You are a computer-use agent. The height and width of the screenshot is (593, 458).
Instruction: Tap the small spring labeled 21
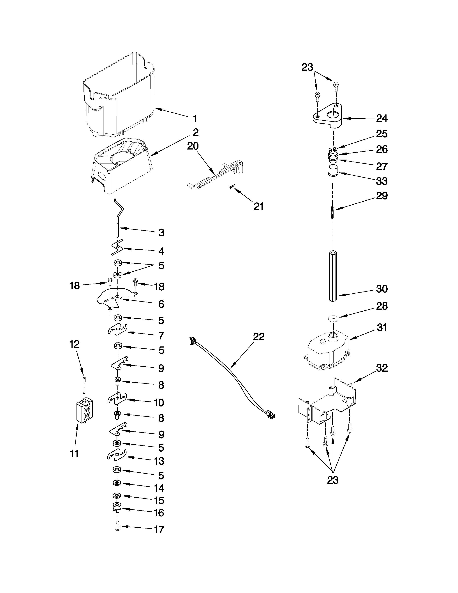pos(232,186)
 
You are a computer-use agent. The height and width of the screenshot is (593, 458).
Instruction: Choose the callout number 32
pos(381,368)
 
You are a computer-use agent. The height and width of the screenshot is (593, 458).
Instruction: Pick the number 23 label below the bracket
pos(333,480)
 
